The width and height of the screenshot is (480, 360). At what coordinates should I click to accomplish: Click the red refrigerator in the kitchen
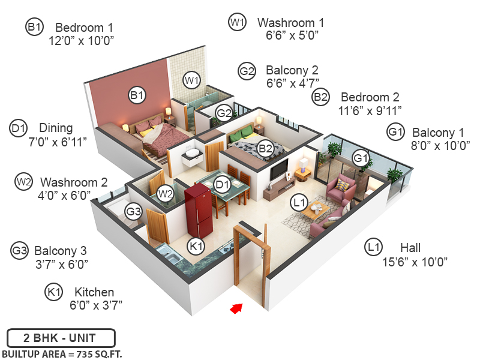click(x=199, y=211)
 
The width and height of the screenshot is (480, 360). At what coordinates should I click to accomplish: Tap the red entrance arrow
click(x=236, y=308)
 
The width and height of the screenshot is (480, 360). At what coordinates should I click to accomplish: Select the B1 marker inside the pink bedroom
click(x=137, y=95)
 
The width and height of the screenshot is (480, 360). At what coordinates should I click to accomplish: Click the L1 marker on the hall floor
click(x=299, y=203)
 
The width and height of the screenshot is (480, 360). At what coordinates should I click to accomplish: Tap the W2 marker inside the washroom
click(x=165, y=193)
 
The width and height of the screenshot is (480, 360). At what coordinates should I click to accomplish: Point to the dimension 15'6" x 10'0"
click(x=415, y=262)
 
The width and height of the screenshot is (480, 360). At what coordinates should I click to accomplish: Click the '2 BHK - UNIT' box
click(x=60, y=337)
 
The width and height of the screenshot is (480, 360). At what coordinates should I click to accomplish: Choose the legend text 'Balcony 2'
click(x=292, y=70)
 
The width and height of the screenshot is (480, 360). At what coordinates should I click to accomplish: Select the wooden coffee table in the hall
click(x=315, y=209)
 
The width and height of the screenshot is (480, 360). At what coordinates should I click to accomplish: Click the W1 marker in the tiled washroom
click(x=191, y=79)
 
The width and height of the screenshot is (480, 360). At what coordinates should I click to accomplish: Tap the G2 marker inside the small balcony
click(x=224, y=113)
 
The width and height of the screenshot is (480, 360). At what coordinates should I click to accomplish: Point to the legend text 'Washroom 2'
click(x=74, y=182)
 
